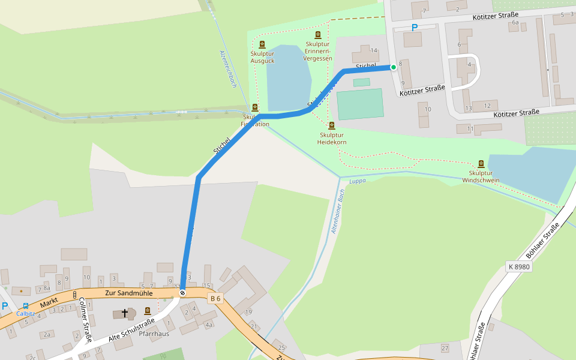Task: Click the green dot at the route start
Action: point(394,67)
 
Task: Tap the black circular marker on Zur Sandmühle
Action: point(182,293)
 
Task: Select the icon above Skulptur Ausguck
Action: point(262,44)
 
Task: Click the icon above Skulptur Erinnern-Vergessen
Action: point(317,35)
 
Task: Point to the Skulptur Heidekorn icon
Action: point(332,125)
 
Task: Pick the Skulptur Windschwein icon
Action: point(481,164)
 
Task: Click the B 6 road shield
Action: point(215,298)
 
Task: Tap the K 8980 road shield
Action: point(518,266)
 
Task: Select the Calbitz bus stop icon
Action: point(25,305)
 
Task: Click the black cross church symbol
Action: point(125,313)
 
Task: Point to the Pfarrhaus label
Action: point(154,334)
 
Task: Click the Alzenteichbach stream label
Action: point(229,70)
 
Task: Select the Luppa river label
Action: point(357,181)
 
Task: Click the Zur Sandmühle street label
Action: point(128,293)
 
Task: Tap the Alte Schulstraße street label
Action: point(131,331)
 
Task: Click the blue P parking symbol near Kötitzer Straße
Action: point(414,28)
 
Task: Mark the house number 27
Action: point(445,348)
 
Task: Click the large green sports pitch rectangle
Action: point(360,104)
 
